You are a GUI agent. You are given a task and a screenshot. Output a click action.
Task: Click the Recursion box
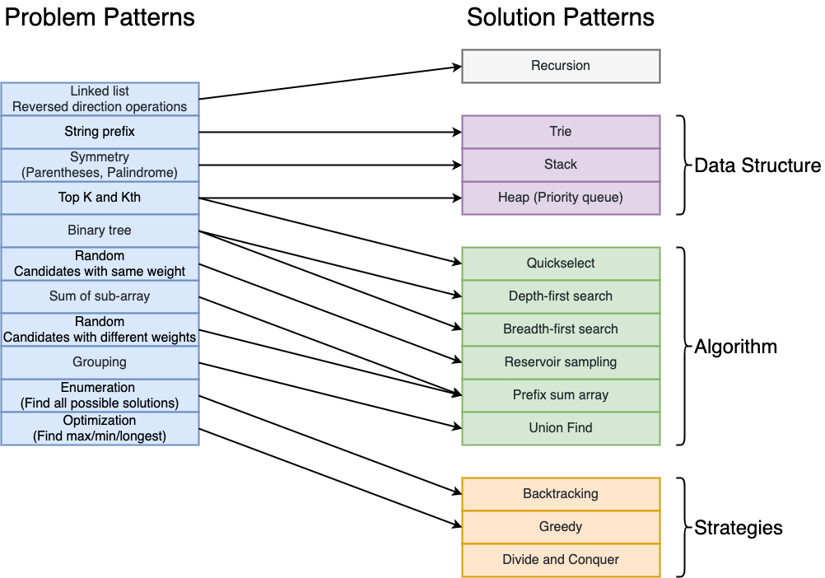click(x=561, y=66)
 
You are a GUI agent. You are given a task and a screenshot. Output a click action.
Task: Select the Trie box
click(x=561, y=132)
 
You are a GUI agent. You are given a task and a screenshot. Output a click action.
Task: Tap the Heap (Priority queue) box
click(x=561, y=198)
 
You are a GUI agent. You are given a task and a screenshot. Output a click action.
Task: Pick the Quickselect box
click(x=561, y=263)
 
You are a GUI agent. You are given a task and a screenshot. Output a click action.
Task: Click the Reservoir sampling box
click(x=561, y=362)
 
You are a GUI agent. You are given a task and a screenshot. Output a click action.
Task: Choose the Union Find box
click(x=561, y=428)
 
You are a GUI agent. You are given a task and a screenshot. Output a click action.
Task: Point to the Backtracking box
click(x=561, y=494)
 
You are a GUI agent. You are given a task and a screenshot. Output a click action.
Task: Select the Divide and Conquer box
click(x=561, y=560)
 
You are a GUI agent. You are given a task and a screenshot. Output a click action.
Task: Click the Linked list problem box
click(x=100, y=99)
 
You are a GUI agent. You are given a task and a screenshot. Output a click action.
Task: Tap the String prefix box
click(x=100, y=132)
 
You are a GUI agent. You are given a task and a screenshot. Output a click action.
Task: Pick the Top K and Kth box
click(x=100, y=198)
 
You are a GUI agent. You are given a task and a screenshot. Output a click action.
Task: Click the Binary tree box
click(x=100, y=231)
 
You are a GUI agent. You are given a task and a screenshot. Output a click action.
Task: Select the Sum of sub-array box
click(x=100, y=296)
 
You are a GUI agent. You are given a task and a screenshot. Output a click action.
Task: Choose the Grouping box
click(x=100, y=362)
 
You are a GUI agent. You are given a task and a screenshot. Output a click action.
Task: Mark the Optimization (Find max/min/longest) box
click(x=100, y=428)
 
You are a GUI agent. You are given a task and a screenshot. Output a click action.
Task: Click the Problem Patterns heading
click(x=100, y=17)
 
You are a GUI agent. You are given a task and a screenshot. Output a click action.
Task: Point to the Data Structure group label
click(x=757, y=165)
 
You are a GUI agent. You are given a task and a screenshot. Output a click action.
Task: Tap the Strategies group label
click(x=739, y=528)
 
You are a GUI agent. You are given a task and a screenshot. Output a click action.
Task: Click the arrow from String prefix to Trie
click(x=329, y=132)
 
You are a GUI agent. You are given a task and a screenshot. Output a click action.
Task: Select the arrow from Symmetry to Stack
click(x=329, y=165)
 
